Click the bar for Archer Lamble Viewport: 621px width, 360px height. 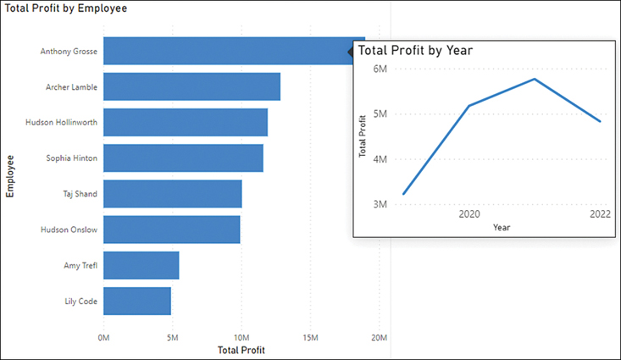point(191,86)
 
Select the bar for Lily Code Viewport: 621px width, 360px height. point(137,301)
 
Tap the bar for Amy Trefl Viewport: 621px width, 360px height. point(141,265)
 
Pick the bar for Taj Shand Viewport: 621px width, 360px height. point(172,194)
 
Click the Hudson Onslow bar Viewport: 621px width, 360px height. point(171,230)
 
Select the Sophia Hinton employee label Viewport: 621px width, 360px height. point(72,158)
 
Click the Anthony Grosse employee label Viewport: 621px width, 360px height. point(69,51)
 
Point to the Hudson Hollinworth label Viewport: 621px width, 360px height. point(61,122)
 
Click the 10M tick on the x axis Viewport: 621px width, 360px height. point(241,338)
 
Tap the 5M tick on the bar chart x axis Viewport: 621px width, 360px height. point(173,338)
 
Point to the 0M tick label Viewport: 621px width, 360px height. point(104,338)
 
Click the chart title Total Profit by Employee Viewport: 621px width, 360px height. point(66,8)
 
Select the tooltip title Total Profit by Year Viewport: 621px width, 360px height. point(415,50)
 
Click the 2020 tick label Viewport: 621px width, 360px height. point(469,215)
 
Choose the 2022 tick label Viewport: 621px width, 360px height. point(600,215)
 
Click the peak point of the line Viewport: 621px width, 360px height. point(535,79)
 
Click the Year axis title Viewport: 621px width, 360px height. point(502,227)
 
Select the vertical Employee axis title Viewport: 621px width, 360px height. point(11,175)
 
